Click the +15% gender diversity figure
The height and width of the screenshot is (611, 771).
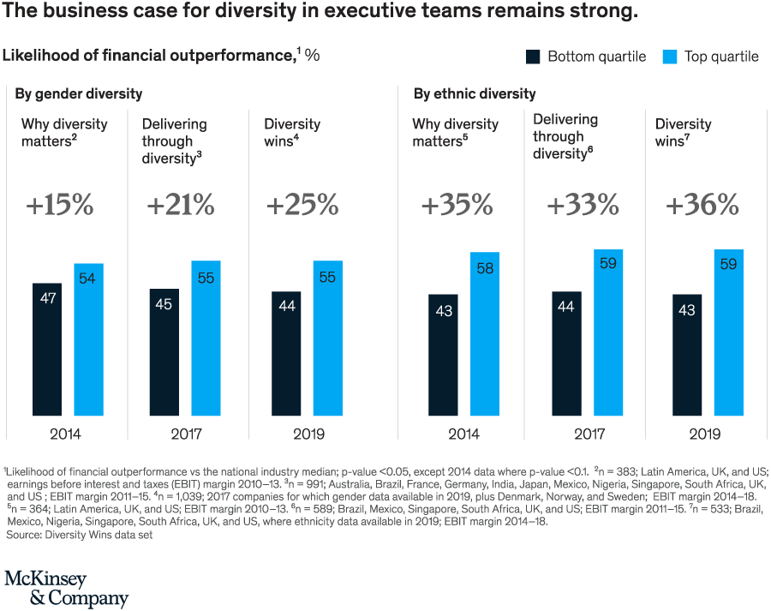[x=58, y=206]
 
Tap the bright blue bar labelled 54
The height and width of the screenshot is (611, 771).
[x=87, y=339]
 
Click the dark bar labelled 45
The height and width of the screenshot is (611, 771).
[x=164, y=352]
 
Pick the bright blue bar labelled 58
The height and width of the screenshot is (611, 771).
[x=484, y=334]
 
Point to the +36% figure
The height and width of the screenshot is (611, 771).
[x=702, y=206]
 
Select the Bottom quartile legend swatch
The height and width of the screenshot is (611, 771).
[x=533, y=57]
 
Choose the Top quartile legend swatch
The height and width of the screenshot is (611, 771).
[x=670, y=57]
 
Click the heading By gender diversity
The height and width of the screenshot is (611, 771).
[x=79, y=93]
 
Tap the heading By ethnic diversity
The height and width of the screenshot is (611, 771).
[x=475, y=93]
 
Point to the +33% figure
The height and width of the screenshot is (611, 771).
[x=583, y=206]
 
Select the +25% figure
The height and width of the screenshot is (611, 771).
[x=302, y=206]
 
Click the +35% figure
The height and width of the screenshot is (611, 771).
[x=457, y=206]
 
